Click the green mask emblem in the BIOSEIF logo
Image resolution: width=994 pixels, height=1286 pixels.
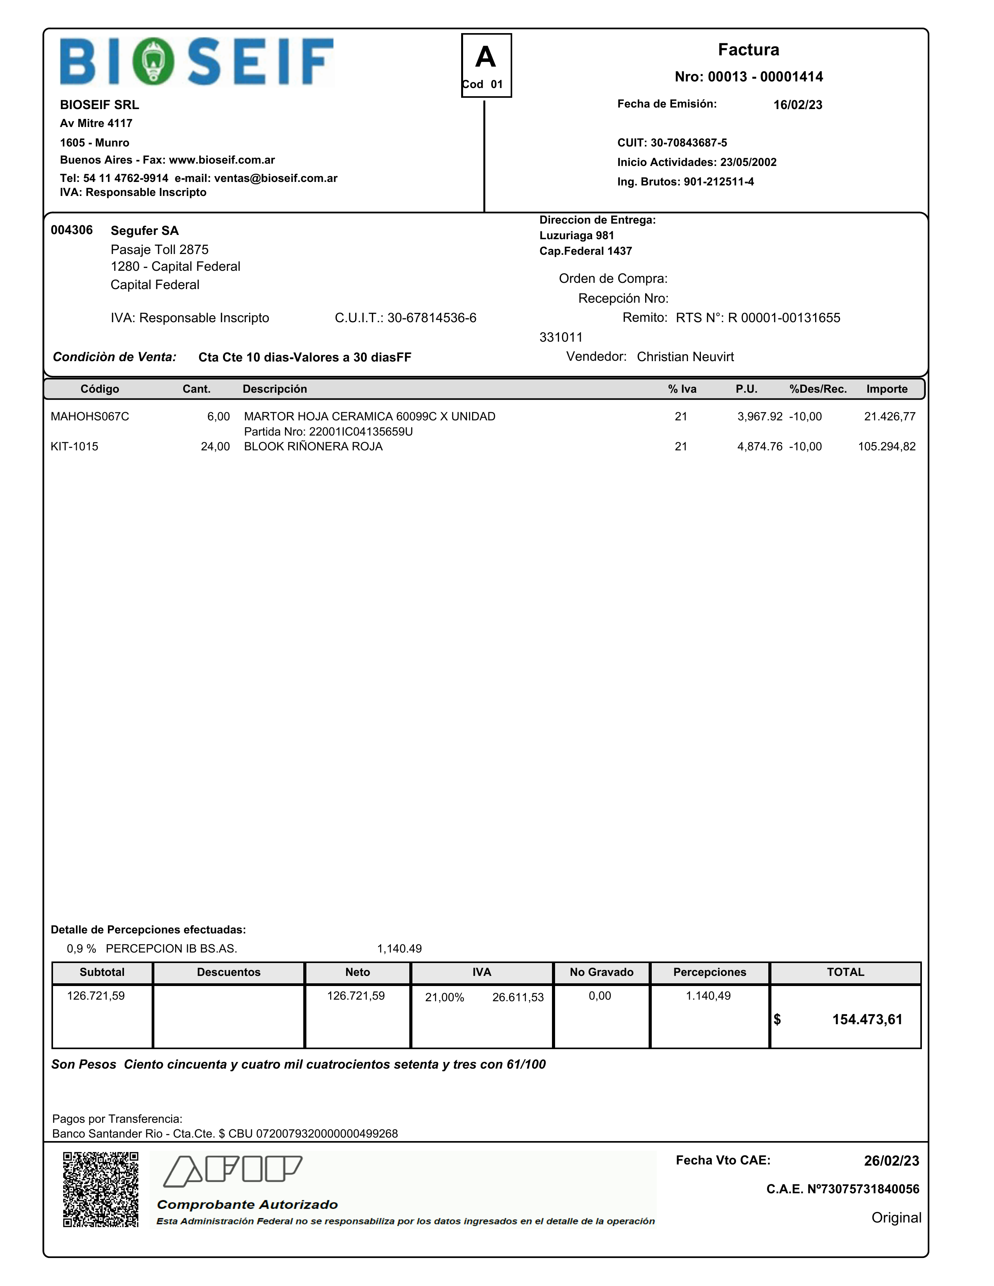153,61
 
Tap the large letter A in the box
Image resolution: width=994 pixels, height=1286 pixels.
486,58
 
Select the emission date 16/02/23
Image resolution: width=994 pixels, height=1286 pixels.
797,105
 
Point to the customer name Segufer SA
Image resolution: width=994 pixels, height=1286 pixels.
144,231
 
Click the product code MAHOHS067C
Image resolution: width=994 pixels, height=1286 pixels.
90,417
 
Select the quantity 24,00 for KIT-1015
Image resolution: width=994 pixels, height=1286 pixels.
215,447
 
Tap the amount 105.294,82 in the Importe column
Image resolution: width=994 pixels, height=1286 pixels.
886,447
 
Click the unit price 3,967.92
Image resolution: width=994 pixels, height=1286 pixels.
759,417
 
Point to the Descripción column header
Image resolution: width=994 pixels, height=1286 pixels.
274,389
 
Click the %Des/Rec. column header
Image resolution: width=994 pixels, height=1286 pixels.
818,389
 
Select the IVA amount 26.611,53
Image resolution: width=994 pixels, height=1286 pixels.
518,997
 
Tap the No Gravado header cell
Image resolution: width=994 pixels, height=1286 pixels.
601,972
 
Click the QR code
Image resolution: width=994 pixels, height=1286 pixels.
101,1189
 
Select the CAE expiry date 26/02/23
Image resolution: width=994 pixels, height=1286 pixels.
891,1161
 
